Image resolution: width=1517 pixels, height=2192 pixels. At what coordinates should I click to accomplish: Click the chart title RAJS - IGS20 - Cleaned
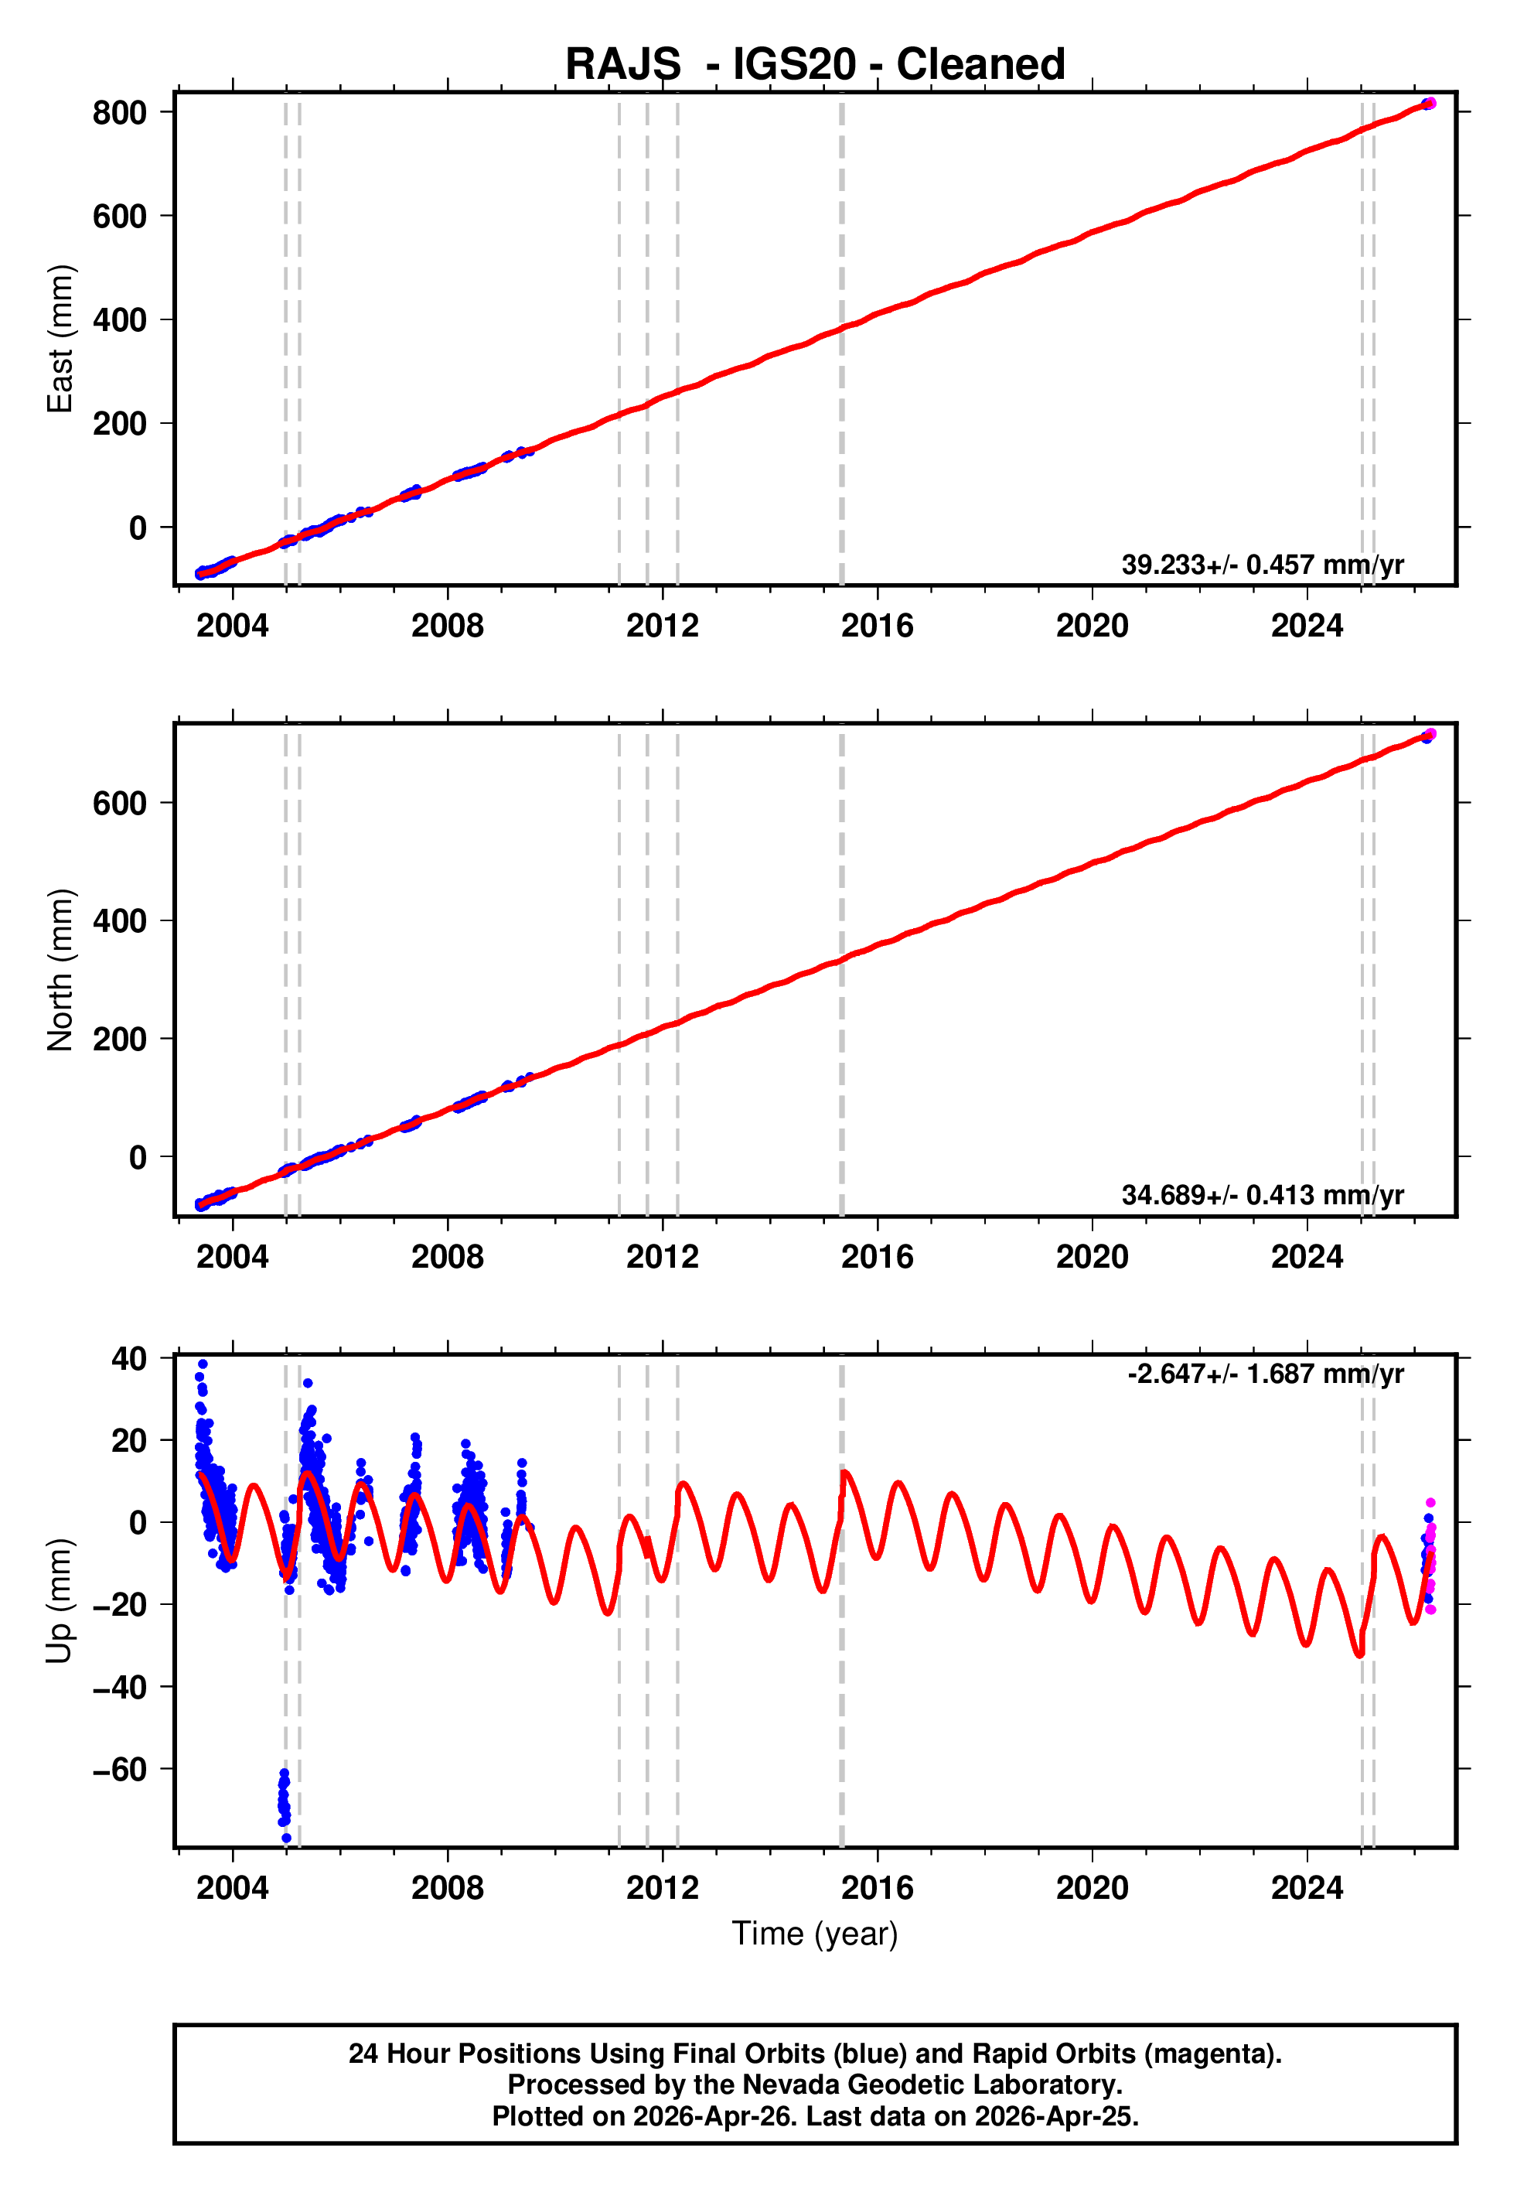815,65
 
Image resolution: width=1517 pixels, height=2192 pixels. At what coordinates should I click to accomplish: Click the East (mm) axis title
60,339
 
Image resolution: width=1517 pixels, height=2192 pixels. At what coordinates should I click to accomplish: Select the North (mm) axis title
60,970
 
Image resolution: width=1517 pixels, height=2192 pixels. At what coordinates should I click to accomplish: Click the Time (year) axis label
815,1934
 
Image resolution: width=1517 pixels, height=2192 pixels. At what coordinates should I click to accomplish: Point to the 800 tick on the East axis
120,113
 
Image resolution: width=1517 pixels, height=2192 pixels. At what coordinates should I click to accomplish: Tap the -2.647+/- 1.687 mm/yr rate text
1265,1374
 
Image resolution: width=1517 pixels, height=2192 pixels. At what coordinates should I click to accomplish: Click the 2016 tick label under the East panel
876,627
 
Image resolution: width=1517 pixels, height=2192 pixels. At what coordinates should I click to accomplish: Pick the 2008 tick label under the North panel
447,1257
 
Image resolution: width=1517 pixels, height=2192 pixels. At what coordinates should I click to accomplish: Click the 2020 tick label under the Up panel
1091,1888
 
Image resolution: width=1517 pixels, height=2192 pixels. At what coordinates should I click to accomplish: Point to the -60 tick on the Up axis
120,1769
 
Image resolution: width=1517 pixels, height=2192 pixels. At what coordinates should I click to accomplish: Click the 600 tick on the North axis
120,803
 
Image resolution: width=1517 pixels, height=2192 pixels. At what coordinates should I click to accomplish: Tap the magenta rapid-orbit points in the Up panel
1430,1559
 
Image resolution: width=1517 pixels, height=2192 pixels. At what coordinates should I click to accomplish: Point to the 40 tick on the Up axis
129,1359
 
